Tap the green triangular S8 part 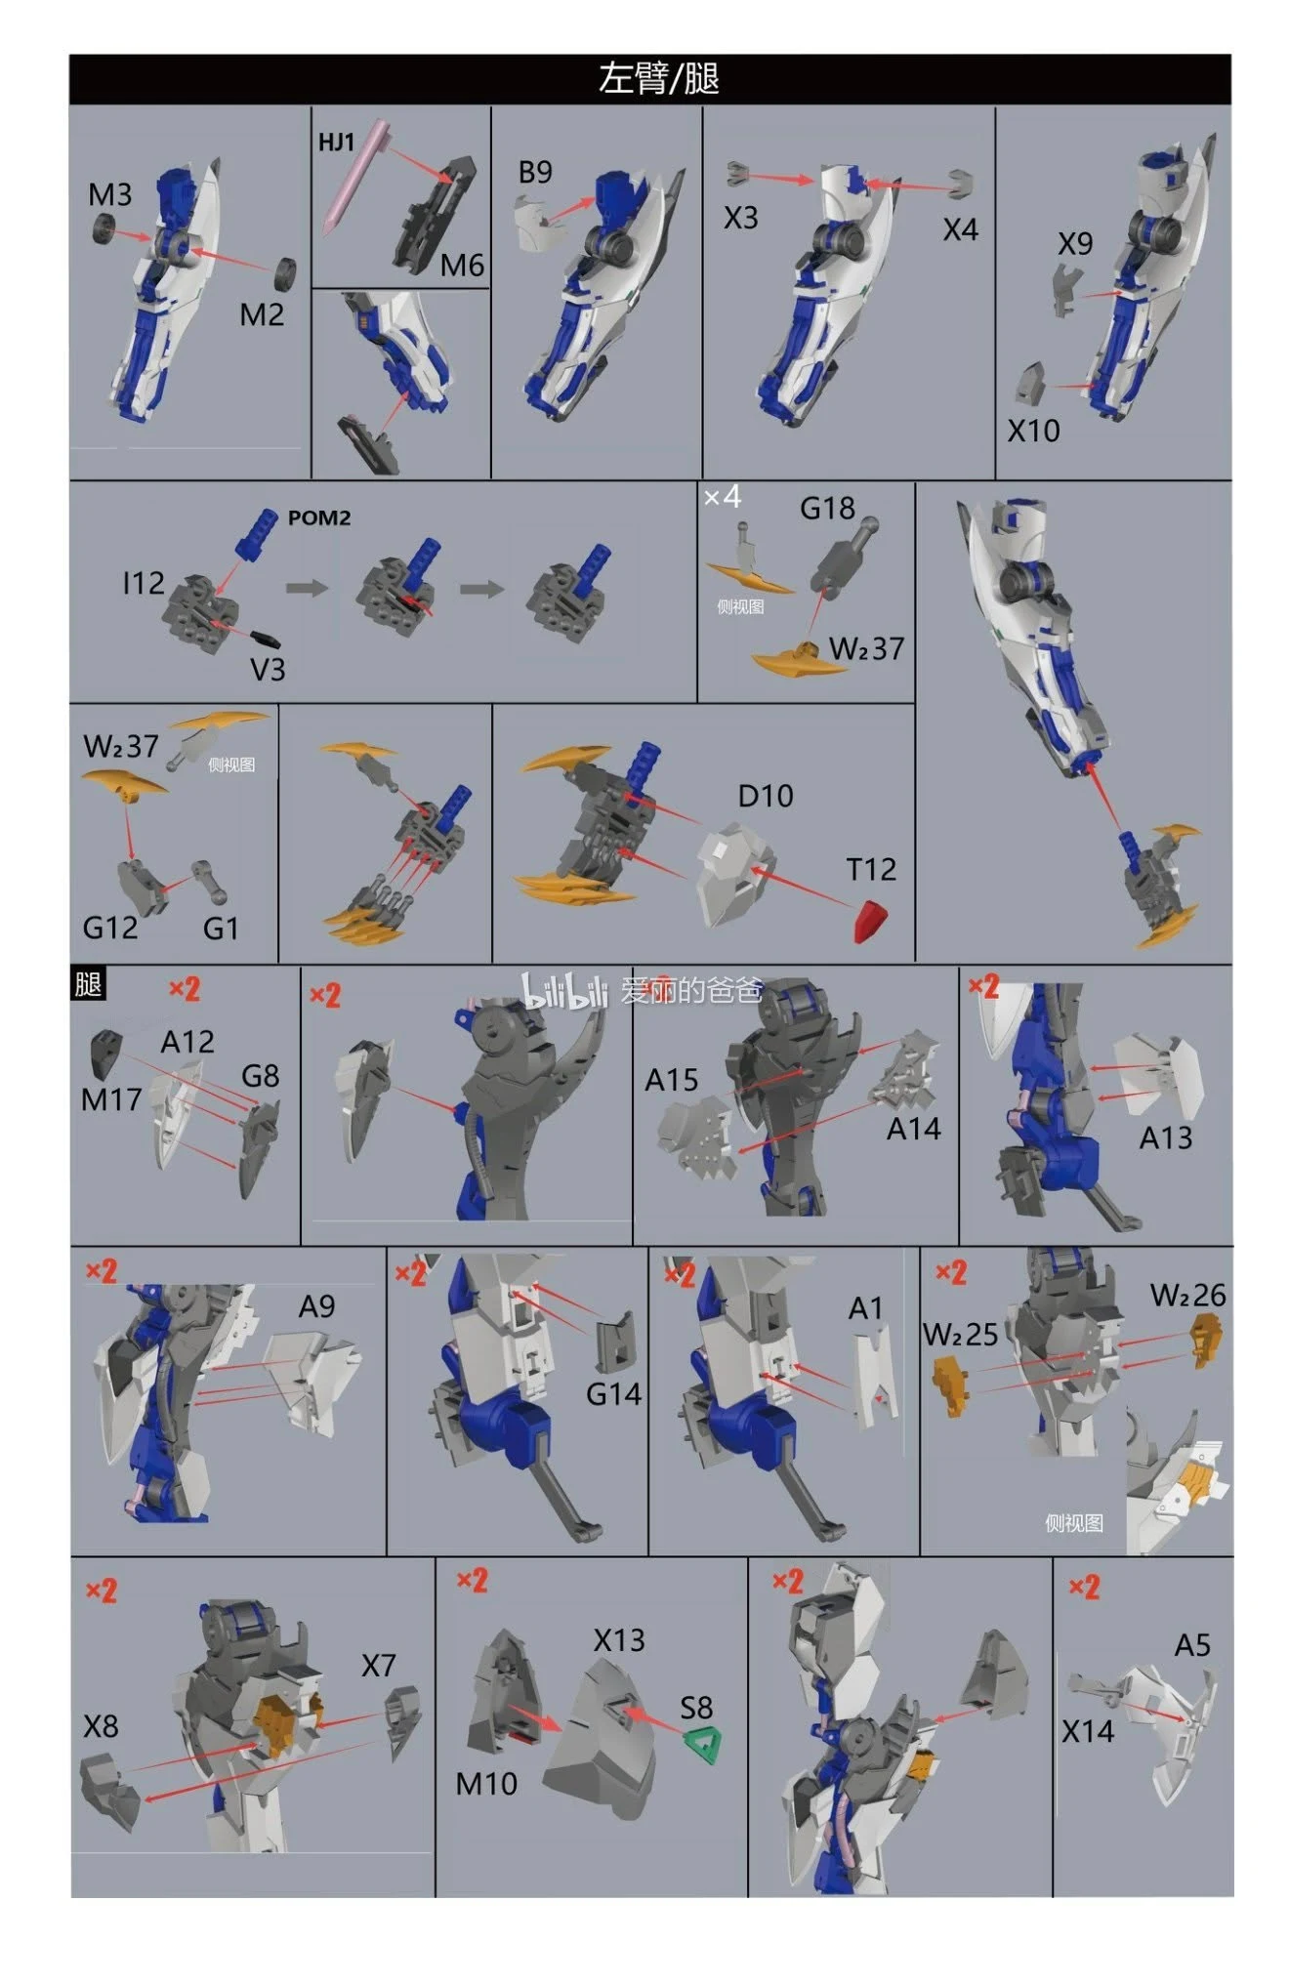(703, 1745)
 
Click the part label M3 (110, 194)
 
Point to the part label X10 (1033, 431)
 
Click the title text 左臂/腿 (658, 79)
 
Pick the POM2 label (318, 518)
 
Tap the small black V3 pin (266, 639)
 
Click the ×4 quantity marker (723, 498)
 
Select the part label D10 (766, 797)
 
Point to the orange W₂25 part (950, 1386)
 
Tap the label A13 (1166, 1138)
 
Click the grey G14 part (616, 1344)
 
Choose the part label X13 (619, 1640)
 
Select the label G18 (827, 509)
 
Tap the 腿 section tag (88, 983)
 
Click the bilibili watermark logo (565, 990)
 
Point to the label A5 (1192, 1646)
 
